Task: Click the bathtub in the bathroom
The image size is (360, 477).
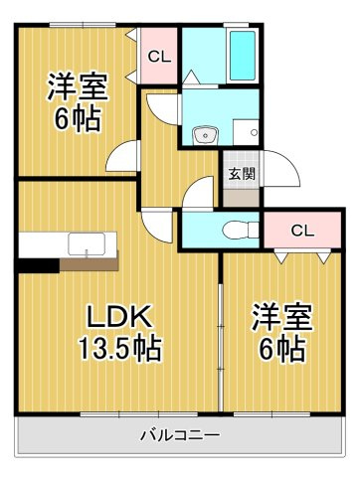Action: pos(243,56)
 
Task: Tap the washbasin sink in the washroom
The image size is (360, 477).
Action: pos(206,136)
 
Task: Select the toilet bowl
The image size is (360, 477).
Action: pos(241,230)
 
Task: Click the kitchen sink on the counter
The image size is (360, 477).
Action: pos(87,244)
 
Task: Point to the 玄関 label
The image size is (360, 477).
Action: pos(243,173)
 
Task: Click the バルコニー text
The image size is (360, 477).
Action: pos(180,434)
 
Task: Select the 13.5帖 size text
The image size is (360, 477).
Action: pos(120,348)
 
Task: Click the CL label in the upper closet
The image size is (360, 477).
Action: pos(159,57)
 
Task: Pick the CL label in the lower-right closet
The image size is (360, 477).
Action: pos(302,231)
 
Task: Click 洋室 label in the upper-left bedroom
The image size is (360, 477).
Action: pos(78,86)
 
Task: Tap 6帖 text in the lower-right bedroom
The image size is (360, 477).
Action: pos(282,349)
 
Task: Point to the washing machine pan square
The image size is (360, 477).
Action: pos(246,132)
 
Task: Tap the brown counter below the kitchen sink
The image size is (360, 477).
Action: pos(90,262)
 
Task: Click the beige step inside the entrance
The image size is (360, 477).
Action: pos(241,198)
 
